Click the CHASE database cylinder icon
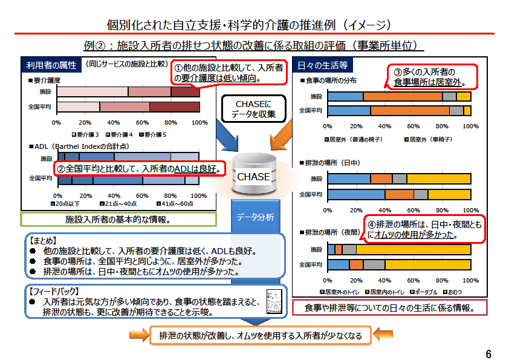point(253,175)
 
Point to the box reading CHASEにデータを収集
point(254,109)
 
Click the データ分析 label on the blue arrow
point(254,217)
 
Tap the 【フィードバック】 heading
point(52,291)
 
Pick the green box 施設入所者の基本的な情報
point(117,219)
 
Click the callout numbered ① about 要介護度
point(229,73)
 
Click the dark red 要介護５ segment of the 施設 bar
point(186,92)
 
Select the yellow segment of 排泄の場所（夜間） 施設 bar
point(413,249)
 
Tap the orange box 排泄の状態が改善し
point(260,335)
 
